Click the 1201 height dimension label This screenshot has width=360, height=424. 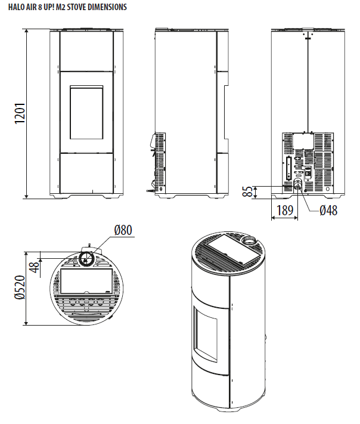pyautogui.click(x=18, y=113)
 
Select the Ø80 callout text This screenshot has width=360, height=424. pyautogui.click(x=123, y=231)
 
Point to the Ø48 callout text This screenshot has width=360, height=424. pyautogui.click(x=328, y=211)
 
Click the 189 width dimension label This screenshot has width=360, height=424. pyautogui.click(x=284, y=211)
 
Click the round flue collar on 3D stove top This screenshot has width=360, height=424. pyautogui.click(x=249, y=242)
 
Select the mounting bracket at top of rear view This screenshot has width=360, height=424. pyautogui.click(x=308, y=35)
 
